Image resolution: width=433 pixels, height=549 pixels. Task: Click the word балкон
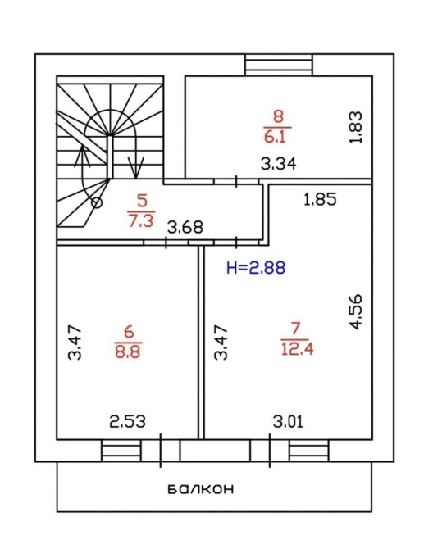click(x=201, y=489)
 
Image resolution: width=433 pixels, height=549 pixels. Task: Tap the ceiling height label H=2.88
click(x=256, y=268)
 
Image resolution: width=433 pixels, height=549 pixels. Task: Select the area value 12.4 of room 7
click(x=297, y=349)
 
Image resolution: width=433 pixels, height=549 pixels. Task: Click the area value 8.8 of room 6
click(x=128, y=352)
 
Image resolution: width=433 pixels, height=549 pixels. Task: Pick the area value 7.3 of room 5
click(x=141, y=221)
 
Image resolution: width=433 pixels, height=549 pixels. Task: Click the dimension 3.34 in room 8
click(x=279, y=164)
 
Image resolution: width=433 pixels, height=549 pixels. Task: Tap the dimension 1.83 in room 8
click(x=356, y=127)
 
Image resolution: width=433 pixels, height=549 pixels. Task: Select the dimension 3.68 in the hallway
click(x=185, y=227)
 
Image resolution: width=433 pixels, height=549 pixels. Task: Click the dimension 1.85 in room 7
click(x=320, y=199)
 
